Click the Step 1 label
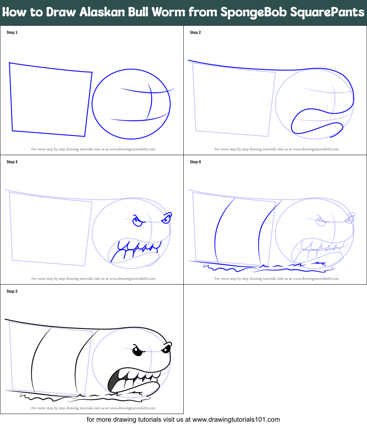(x=12, y=33)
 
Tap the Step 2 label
(x=195, y=33)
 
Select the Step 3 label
(x=12, y=162)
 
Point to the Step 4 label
(x=195, y=162)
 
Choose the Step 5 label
(x=12, y=292)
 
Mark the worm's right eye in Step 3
(x=166, y=219)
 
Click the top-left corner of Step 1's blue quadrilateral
(x=10, y=63)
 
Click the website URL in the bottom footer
(x=236, y=419)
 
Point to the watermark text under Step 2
(x=276, y=149)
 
